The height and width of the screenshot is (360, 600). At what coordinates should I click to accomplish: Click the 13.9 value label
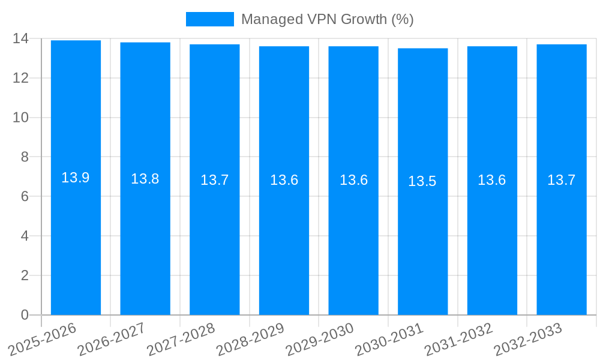[x=76, y=178]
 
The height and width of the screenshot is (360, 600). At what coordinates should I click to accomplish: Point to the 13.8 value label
[x=145, y=179]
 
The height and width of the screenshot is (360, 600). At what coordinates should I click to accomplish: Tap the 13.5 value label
[x=422, y=181]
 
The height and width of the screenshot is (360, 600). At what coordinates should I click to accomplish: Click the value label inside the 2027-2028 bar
[x=215, y=180]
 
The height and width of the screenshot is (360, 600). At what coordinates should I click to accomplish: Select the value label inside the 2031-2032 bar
[x=492, y=180]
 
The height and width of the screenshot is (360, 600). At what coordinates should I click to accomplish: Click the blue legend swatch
[x=209, y=19]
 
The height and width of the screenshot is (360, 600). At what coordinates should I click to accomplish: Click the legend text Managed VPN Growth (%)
[x=328, y=19]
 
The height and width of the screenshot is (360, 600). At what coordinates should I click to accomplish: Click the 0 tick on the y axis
[x=25, y=315]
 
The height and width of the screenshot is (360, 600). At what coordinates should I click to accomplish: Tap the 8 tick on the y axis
[x=25, y=157]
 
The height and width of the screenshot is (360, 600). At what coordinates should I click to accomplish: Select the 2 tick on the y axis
[x=25, y=275]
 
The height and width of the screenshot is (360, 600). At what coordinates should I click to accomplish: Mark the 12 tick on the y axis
[x=20, y=78]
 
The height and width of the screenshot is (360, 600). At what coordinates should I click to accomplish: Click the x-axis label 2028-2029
[x=250, y=340]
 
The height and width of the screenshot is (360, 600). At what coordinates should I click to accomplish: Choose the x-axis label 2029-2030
[x=320, y=340]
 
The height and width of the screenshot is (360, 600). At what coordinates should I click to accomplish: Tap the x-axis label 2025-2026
[x=43, y=340]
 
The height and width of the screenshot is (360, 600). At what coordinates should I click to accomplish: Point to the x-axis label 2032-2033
[x=528, y=340]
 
